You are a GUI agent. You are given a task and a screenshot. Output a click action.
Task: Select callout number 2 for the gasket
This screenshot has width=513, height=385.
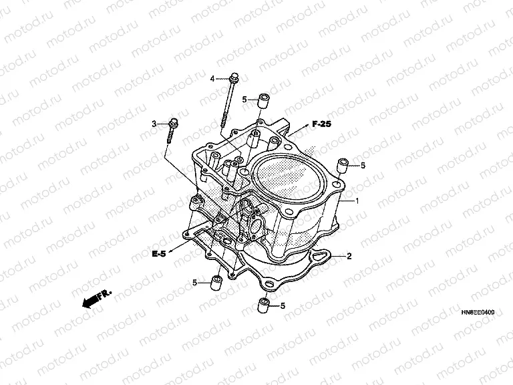(x=348, y=256)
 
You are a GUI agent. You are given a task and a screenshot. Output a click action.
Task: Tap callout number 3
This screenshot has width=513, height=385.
(x=154, y=124)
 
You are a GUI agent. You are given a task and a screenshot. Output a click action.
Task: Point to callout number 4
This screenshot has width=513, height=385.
(x=212, y=79)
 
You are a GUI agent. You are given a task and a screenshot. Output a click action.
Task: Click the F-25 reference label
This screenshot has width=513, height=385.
(x=321, y=124)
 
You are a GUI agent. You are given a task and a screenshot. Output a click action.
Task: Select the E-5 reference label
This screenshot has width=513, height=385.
(x=158, y=254)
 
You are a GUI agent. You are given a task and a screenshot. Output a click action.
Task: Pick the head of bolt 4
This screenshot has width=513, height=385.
(x=232, y=78)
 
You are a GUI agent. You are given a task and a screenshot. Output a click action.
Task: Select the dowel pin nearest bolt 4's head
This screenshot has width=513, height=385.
(x=263, y=100)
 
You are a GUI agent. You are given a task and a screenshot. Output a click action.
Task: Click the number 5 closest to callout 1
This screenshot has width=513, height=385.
(x=363, y=165)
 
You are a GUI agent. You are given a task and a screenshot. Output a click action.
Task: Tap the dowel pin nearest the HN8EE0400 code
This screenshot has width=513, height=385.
(x=263, y=307)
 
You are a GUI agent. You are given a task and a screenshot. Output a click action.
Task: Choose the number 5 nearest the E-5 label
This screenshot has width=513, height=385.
(x=195, y=283)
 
